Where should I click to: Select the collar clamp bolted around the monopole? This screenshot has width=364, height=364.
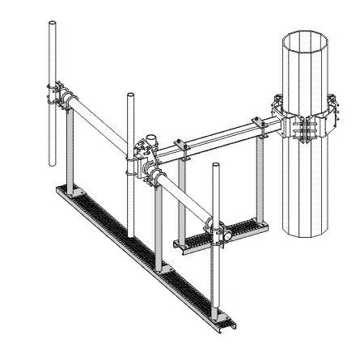pos(306,121)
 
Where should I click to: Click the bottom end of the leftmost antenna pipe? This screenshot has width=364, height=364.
pos(53,167)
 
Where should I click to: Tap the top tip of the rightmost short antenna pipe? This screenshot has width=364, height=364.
pos(216,167)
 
